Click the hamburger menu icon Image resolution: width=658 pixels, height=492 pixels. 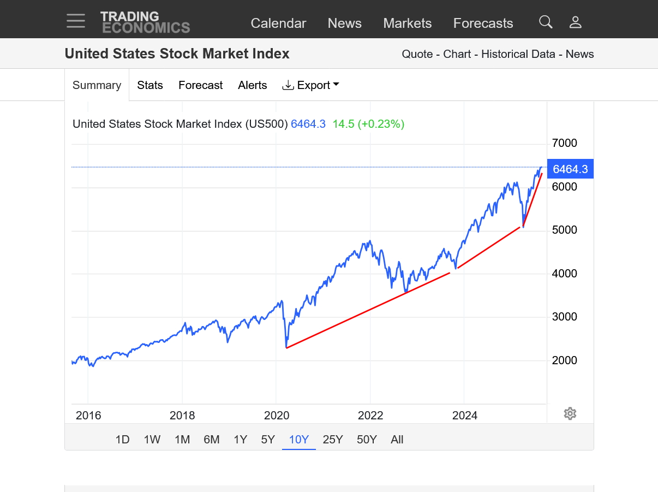click(x=76, y=21)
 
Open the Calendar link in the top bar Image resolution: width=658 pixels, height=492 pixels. click(x=278, y=23)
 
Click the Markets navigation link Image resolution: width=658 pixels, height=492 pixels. click(x=407, y=23)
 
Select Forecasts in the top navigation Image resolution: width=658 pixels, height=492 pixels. click(x=483, y=23)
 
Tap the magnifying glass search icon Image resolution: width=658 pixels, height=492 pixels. click(x=546, y=22)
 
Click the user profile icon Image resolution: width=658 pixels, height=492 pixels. click(x=575, y=22)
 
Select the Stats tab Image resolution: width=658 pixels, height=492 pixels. click(x=150, y=85)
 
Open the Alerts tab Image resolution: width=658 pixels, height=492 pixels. click(x=253, y=85)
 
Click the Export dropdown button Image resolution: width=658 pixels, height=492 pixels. click(x=310, y=85)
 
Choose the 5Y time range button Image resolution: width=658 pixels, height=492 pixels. click(x=268, y=440)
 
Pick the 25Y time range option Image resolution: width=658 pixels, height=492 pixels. click(x=333, y=440)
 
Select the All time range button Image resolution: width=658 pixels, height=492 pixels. click(x=397, y=440)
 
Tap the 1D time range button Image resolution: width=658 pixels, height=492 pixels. click(x=122, y=440)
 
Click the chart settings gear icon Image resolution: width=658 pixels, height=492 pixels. click(x=570, y=413)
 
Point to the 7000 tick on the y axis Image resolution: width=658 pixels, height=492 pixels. click(x=564, y=143)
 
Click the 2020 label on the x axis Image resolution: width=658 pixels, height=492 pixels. click(x=277, y=416)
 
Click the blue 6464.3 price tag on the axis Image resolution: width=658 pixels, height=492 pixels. click(x=570, y=169)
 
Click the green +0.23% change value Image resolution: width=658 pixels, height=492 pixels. click(x=381, y=124)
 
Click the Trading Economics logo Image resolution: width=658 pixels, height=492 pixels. click(x=145, y=22)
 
